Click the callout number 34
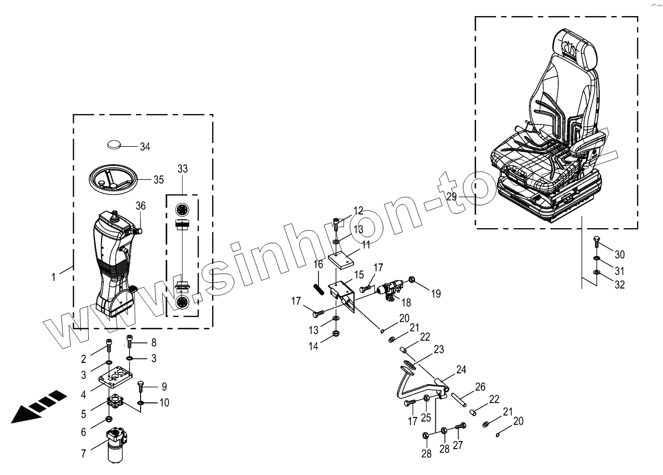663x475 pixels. [x=145, y=147]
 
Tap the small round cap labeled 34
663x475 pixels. [x=116, y=143]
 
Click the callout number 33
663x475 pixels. [x=183, y=169]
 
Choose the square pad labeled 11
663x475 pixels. [x=344, y=258]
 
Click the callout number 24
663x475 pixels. [x=461, y=370]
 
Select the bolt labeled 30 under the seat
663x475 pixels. [x=596, y=242]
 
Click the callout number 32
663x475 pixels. [x=620, y=285]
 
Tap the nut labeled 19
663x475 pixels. [x=412, y=281]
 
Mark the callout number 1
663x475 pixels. [x=53, y=277]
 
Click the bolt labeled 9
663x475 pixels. [x=141, y=387]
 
